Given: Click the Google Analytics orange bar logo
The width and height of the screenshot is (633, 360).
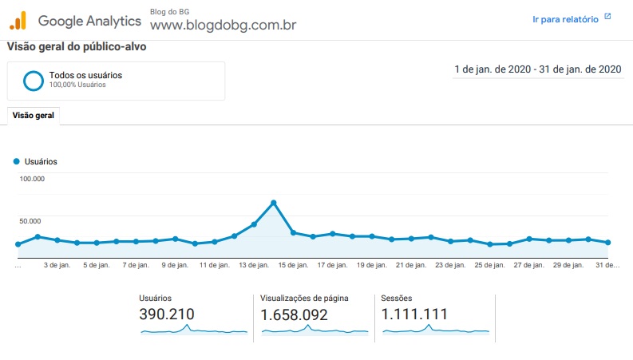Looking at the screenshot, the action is pos(18,21).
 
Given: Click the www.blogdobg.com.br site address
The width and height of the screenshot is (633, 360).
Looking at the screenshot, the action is pos(224,25).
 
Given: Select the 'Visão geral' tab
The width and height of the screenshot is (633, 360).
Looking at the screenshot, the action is pos(33,116).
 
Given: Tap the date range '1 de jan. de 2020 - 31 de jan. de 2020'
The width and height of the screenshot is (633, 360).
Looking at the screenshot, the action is pos(538,69).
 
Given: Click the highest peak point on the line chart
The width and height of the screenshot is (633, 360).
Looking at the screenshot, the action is pos(274,203).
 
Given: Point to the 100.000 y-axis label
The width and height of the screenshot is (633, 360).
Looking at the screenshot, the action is pos(32,179).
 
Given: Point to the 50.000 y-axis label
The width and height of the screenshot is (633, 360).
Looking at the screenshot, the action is pos(30,221).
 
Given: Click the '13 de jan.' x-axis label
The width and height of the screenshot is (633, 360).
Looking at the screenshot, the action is pos(254,265).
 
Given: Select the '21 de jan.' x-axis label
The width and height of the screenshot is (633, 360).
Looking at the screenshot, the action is pos(411,265).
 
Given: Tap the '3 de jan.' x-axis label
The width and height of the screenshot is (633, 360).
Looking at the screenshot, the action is pos(57,265).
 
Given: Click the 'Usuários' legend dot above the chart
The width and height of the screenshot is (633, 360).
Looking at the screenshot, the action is pos(17,161).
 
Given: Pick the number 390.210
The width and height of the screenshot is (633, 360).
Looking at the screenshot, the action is pos(167,314).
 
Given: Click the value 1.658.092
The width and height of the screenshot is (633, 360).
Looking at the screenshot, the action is pos(294,315).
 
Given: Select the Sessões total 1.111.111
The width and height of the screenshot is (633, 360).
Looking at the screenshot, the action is pos(414,314).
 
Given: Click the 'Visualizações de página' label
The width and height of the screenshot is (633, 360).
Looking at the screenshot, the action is pos(304,299).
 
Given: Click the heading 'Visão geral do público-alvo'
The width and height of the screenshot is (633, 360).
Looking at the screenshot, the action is pos(77,47).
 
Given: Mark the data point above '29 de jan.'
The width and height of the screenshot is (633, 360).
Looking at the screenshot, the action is pos(568,240).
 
